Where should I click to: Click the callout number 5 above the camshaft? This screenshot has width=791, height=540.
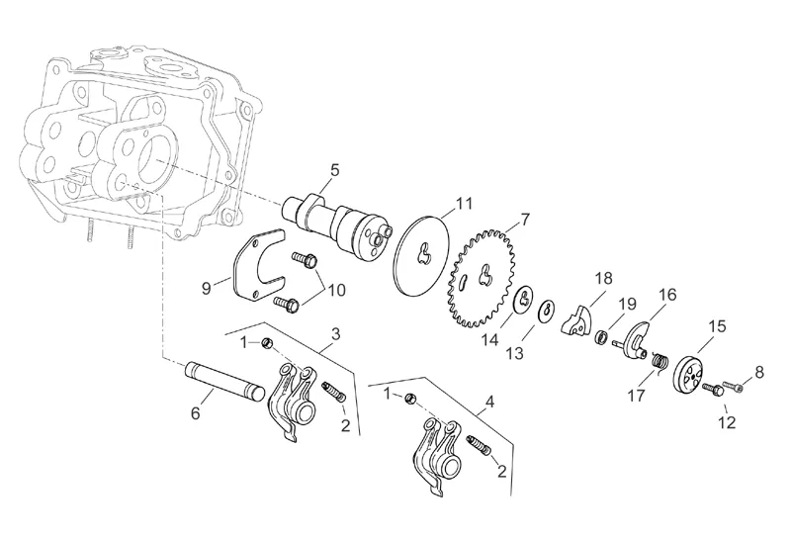pyautogui.click(x=334, y=170)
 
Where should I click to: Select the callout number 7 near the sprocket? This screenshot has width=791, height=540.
pyautogui.click(x=525, y=218)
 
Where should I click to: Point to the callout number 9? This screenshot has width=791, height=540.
pyautogui.click(x=207, y=288)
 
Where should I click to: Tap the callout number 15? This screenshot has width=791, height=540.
pyautogui.click(x=717, y=325)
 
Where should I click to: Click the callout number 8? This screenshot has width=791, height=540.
pyautogui.click(x=759, y=372)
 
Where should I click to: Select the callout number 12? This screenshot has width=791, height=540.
pyautogui.click(x=728, y=422)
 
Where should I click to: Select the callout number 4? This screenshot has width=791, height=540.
pyautogui.click(x=488, y=403)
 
